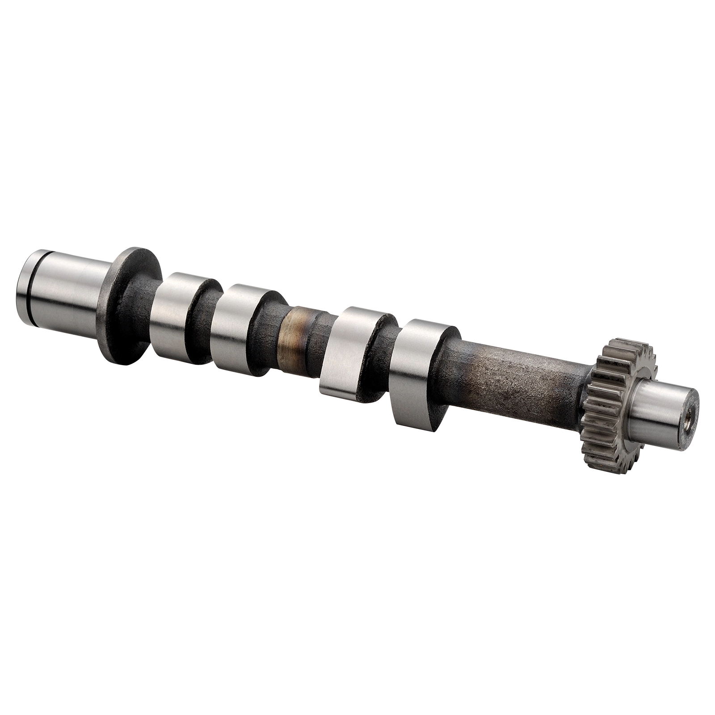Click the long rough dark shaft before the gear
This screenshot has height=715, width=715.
tap(514, 380)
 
